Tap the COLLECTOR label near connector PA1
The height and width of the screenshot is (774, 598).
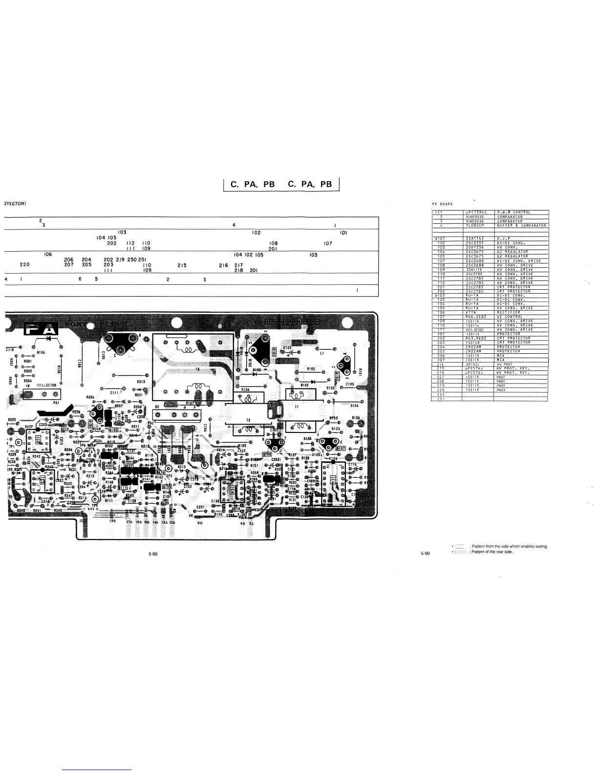(46, 385)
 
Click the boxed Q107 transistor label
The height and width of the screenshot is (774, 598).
(341, 448)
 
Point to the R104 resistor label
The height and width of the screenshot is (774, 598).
(355, 406)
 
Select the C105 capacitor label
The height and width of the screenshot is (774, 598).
(350, 385)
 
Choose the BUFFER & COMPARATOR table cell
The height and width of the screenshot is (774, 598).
(521, 225)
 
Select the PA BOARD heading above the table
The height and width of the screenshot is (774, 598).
(442, 203)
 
